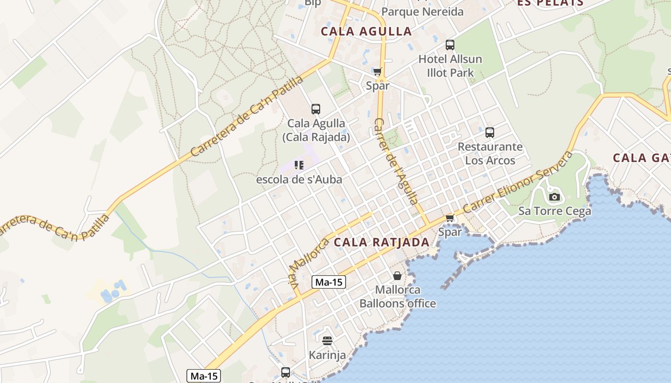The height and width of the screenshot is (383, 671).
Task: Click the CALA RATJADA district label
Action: click(382, 242)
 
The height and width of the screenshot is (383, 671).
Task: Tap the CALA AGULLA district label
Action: click(366, 32)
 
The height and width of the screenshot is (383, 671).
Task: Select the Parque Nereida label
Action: click(422, 11)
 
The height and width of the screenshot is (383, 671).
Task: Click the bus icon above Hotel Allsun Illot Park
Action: click(450, 45)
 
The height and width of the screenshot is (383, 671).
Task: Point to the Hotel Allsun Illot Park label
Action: click(450, 66)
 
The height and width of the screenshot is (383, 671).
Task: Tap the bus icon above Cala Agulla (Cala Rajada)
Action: click(315, 109)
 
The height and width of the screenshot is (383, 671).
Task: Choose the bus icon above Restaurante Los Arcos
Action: click(489, 133)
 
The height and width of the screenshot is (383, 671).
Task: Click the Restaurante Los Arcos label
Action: click(490, 153)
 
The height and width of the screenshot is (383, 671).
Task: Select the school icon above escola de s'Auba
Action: click(299, 166)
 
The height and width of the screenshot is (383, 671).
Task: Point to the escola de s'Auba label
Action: click(299, 180)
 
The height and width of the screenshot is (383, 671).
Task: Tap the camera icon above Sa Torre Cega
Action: click(555, 197)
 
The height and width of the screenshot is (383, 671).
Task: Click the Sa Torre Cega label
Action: click(555, 211)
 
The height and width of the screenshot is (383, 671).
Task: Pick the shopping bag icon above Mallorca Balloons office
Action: click(397, 276)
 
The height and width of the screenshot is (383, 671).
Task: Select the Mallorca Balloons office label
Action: click(397, 296)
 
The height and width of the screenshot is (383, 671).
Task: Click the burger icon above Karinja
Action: click(327, 341)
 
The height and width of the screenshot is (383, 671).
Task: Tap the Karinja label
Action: click(327, 355)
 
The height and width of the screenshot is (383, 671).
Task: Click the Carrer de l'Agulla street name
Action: click(395, 161)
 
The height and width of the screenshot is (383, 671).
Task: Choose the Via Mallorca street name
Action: click(308, 261)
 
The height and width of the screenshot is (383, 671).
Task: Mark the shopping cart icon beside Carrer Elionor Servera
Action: click(450, 218)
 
